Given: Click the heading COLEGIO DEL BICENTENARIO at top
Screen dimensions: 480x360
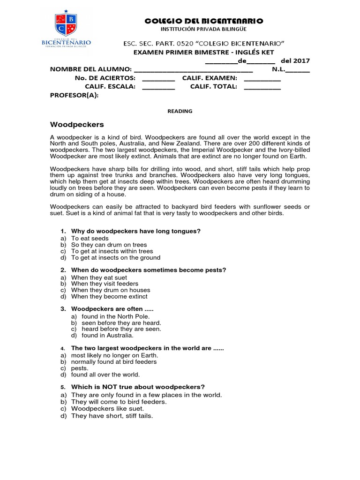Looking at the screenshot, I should click(x=204, y=21).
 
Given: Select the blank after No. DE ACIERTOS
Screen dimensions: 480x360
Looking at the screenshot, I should click(x=158, y=79).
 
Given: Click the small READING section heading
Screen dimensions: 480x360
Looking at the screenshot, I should click(x=180, y=111).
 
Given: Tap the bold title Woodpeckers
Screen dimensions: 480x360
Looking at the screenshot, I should click(x=77, y=125).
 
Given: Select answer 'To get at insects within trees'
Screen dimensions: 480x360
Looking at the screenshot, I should click(x=112, y=251).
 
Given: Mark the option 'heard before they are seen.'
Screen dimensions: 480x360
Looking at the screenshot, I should click(x=121, y=329).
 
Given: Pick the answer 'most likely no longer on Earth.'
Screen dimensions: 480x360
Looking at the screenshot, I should click(x=114, y=355).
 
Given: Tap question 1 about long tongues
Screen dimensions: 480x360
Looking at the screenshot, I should click(x=135, y=231).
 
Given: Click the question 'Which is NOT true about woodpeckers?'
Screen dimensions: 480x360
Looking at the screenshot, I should click(x=138, y=387).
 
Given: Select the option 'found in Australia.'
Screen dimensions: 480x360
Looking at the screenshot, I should click(x=107, y=335).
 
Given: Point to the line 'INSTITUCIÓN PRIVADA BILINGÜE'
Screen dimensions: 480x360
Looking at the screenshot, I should click(x=204, y=30).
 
